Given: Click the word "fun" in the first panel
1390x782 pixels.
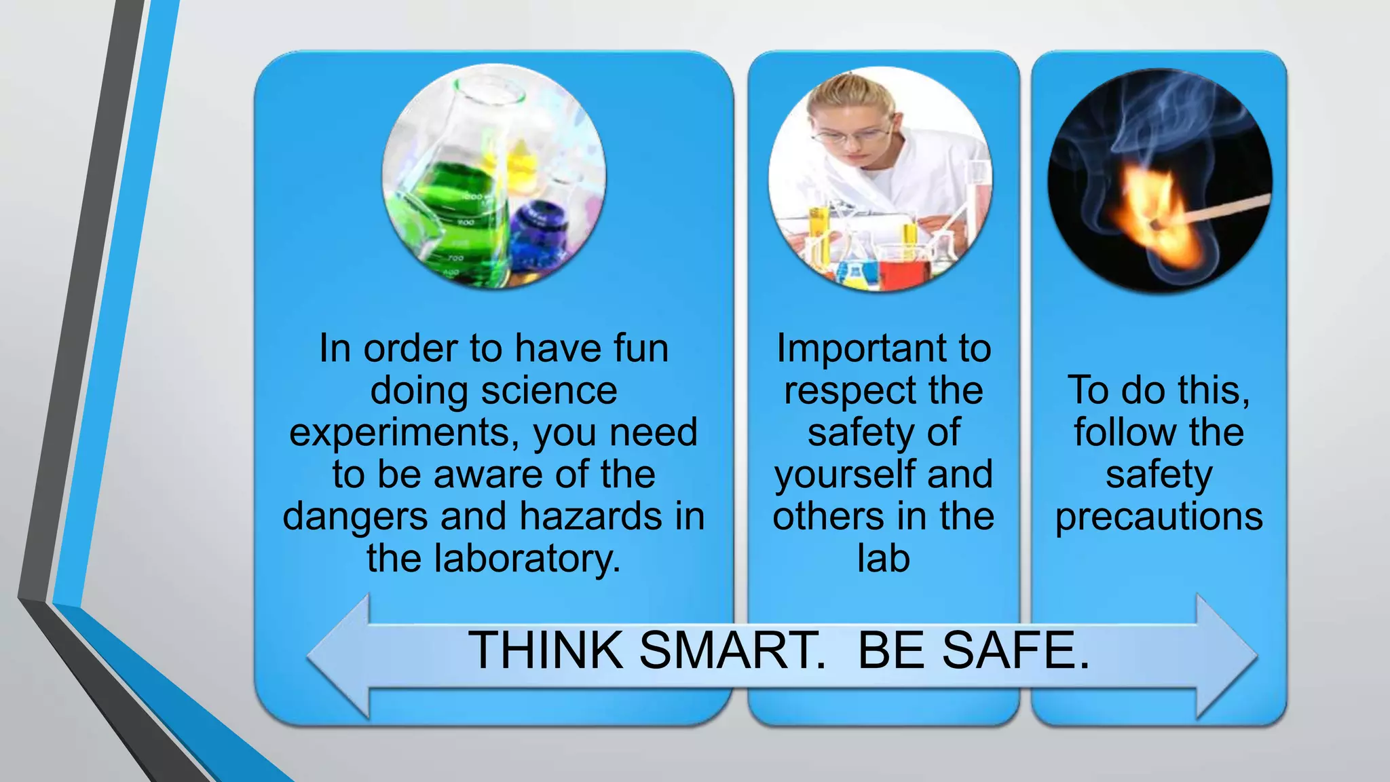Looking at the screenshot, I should [x=641, y=348].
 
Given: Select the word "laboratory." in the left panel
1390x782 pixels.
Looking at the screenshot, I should [x=527, y=559].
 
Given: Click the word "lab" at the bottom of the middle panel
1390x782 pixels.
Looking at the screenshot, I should [x=883, y=559].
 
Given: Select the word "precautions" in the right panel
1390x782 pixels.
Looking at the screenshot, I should [x=1159, y=517].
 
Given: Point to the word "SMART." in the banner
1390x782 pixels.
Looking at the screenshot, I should [x=732, y=650].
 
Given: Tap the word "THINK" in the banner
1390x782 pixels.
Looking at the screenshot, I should [x=546, y=650].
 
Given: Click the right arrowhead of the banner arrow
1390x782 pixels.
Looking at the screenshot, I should [x=1225, y=656].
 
